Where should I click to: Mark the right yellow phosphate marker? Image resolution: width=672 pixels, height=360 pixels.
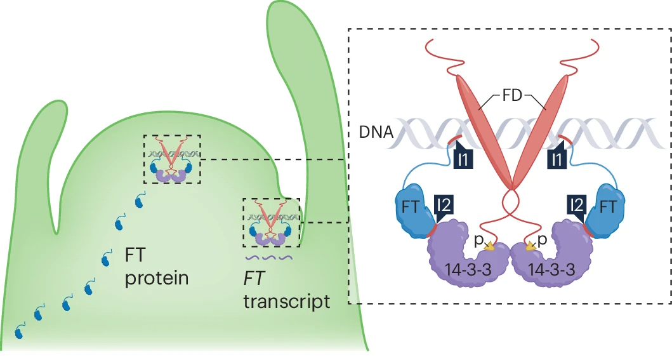coord(530,246)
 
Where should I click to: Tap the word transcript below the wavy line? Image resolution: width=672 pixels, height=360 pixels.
coord(287,300)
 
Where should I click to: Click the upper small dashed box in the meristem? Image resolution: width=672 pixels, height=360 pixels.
coord(172,159)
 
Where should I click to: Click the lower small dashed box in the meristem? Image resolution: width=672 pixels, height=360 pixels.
coord(272,222)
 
